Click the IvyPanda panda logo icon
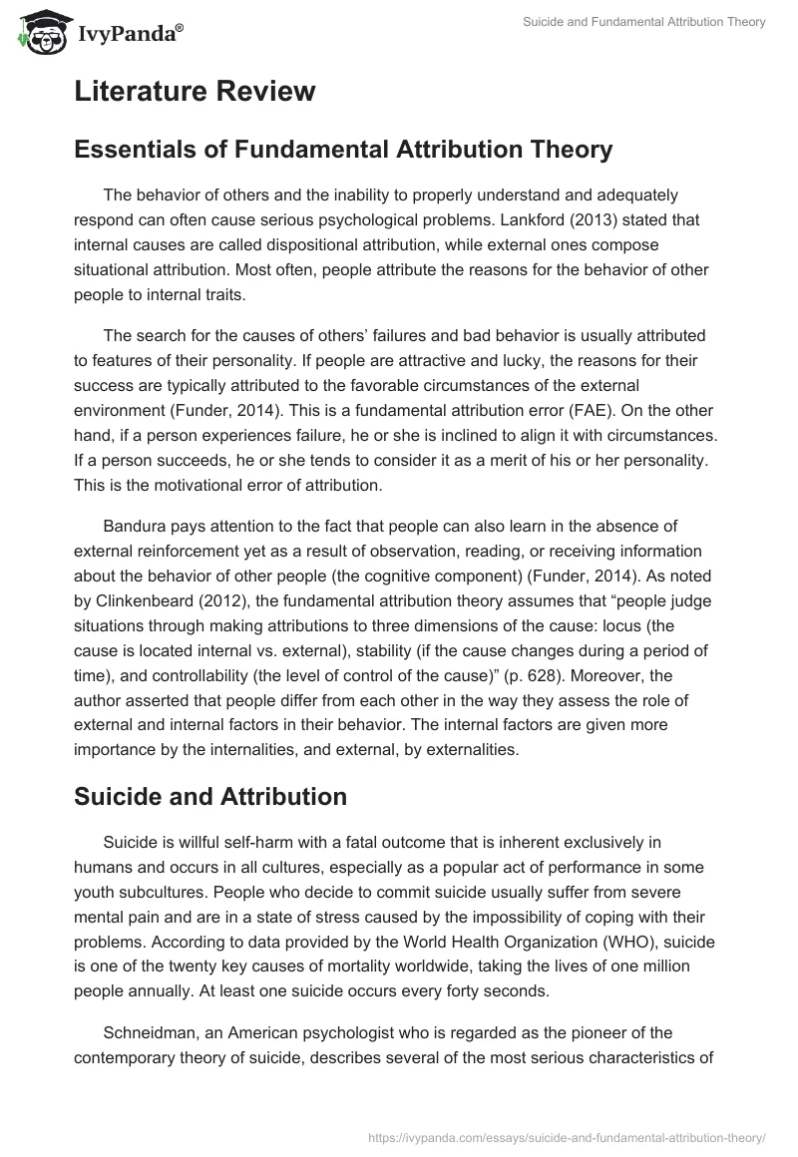pos(38,32)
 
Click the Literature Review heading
pos(195,92)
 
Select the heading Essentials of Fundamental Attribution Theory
pos(342,150)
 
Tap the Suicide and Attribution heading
pos(209,796)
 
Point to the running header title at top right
pos(644,22)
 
